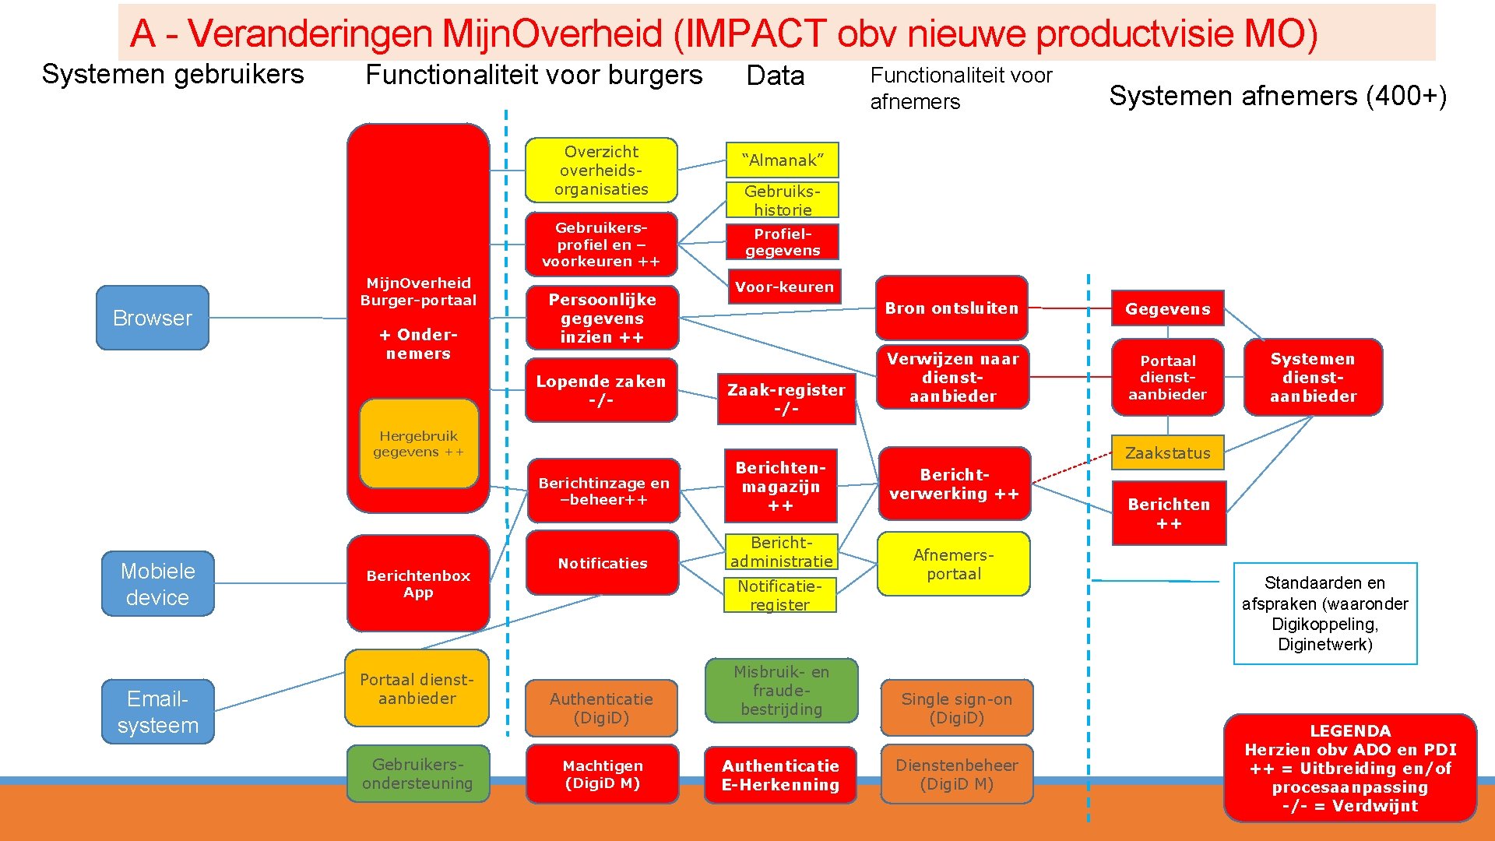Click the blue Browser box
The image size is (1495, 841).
153,318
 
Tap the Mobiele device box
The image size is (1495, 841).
157,584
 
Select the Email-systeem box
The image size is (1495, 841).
157,712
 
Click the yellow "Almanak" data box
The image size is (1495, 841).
782,160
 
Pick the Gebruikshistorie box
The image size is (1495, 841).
782,200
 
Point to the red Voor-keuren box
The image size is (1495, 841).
783,287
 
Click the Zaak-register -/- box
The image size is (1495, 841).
786,399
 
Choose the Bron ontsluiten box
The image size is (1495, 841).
951,308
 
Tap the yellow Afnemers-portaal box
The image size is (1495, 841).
953,565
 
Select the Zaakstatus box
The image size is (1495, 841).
1167,453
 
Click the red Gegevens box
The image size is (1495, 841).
1167,309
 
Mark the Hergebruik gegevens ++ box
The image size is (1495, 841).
418,444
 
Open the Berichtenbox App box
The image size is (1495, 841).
418,584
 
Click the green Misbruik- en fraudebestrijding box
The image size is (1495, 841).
781,691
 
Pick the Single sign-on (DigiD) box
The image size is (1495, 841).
956,708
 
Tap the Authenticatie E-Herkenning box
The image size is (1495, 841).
780,775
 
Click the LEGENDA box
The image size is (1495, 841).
1349,768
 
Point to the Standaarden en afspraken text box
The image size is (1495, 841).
1324,614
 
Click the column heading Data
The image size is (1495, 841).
775,76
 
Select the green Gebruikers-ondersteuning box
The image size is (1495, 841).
417,774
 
